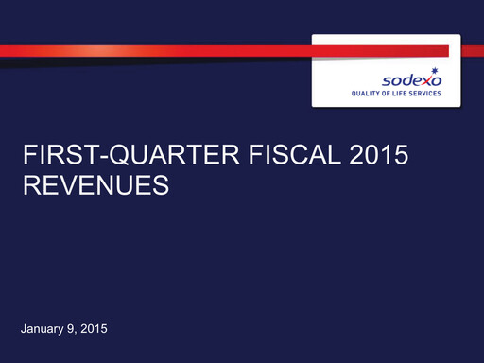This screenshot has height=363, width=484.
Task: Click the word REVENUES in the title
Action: tap(95, 186)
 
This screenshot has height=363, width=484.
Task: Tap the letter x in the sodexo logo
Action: tap(429, 82)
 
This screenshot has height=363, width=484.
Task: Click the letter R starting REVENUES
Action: tap(30, 186)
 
